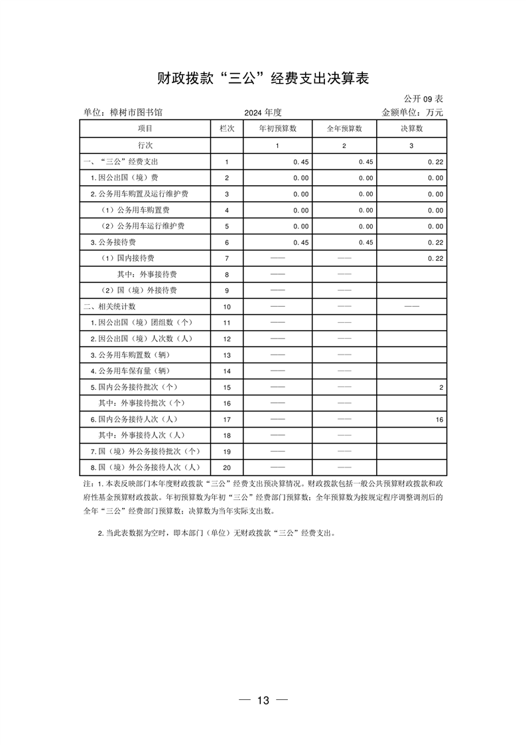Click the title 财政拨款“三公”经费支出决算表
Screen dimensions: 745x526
click(x=263, y=78)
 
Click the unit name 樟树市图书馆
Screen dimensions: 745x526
click(x=123, y=113)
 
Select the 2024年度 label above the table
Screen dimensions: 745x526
click(x=263, y=113)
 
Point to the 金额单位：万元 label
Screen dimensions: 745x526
click(x=412, y=113)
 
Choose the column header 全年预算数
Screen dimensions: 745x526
click(x=344, y=128)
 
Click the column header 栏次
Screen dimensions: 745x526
click(x=227, y=128)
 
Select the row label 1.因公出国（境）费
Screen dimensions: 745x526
click(x=124, y=178)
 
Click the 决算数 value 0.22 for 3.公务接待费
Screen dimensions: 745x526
click(x=435, y=242)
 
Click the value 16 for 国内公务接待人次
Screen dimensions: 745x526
click(x=439, y=420)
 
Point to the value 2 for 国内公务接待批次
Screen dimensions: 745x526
click(x=441, y=387)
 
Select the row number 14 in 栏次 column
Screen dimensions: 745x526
click(x=227, y=371)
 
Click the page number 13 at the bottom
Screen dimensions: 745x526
click(x=263, y=701)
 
